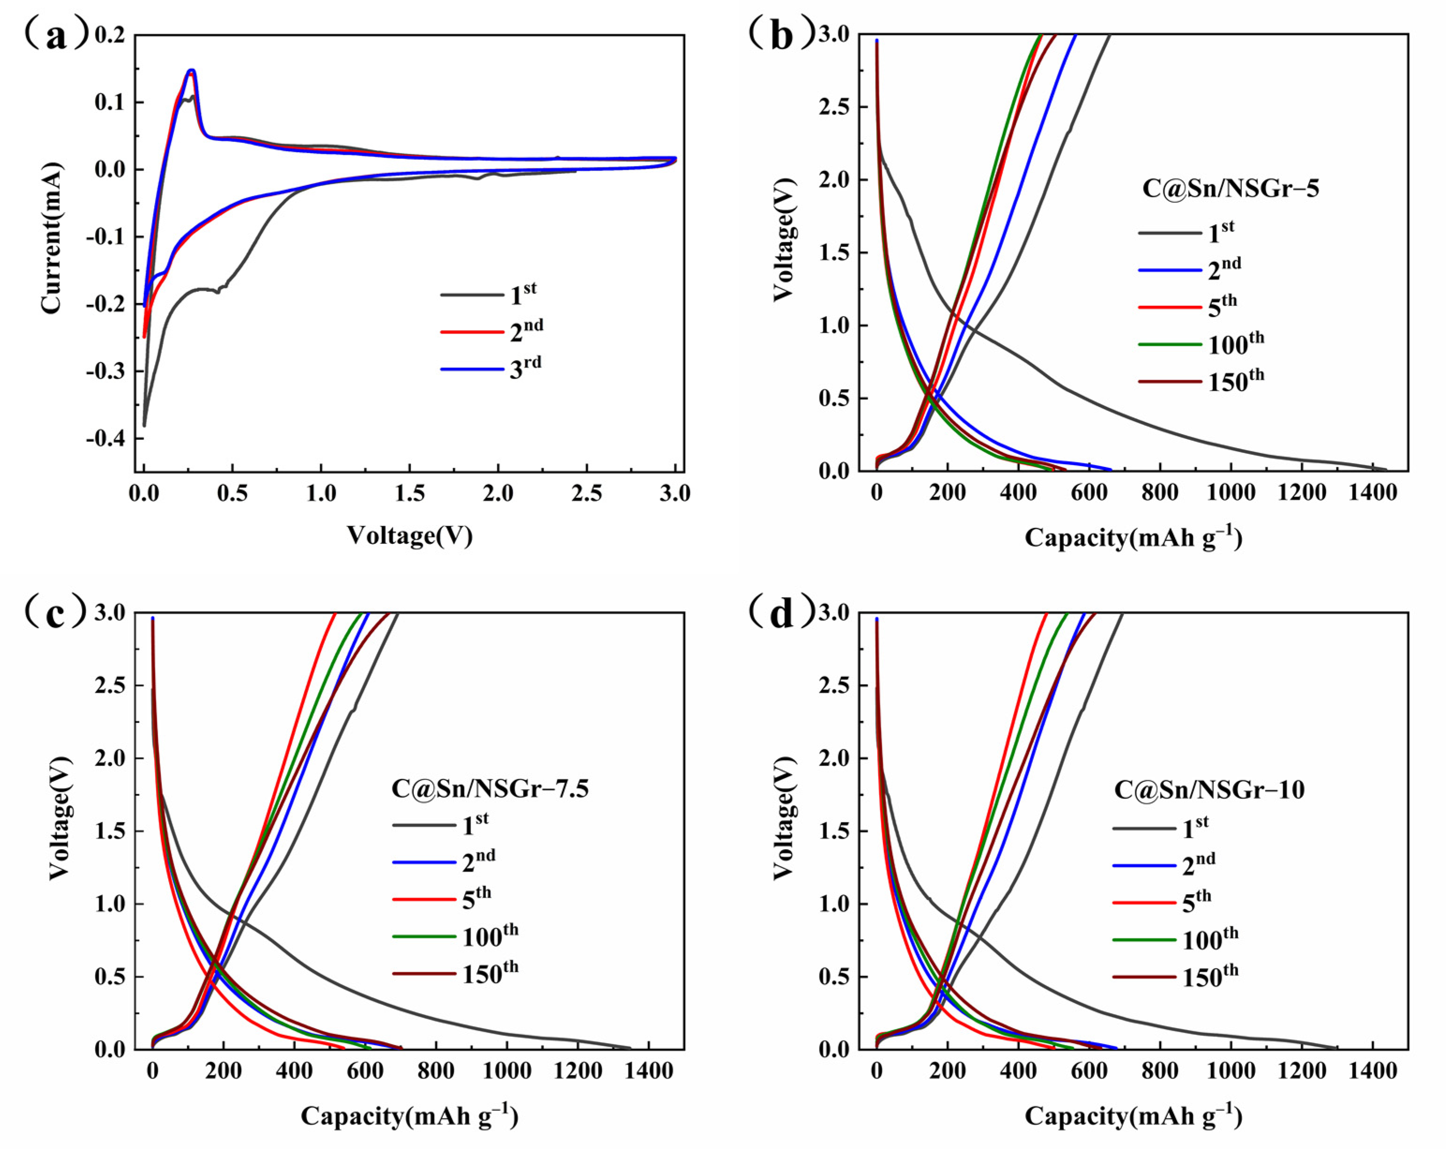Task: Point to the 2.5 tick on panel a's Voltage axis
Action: point(586,494)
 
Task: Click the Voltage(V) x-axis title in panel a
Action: point(409,535)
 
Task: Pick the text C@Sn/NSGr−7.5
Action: point(490,788)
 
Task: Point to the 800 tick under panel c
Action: point(436,1071)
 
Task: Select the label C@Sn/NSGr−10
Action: point(1209,790)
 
